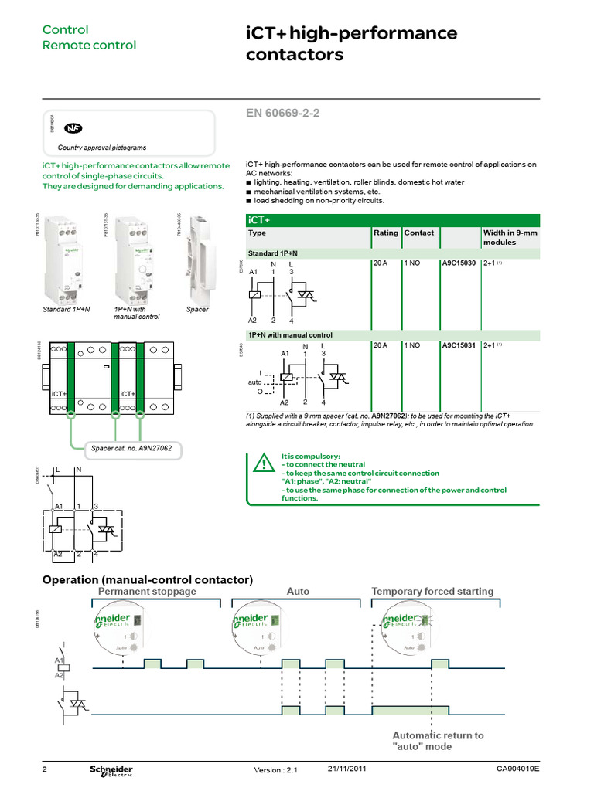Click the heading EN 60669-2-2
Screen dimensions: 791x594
click(282, 114)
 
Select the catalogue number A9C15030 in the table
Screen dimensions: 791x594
click(459, 263)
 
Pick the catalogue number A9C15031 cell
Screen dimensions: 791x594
click(459, 345)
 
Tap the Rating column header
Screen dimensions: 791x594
click(386, 233)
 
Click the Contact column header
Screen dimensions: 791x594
click(418, 233)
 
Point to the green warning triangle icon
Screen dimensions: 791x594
click(264, 464)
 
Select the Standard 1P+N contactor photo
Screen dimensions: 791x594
click(67, 260)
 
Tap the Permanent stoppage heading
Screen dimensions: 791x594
click(148, 592)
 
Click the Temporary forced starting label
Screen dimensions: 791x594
click(432, 592)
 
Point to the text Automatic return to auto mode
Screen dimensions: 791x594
click(438, 741)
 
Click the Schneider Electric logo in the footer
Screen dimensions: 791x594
click(111, 771)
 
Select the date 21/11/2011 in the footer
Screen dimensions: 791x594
click(347, 769)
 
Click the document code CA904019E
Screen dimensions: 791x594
click(517, 769)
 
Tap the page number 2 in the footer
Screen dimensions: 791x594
click(45, 770)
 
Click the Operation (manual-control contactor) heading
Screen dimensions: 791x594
click(148, 579)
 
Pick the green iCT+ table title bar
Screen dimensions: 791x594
click(391, 220)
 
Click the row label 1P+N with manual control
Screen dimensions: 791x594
click(290, 335)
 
